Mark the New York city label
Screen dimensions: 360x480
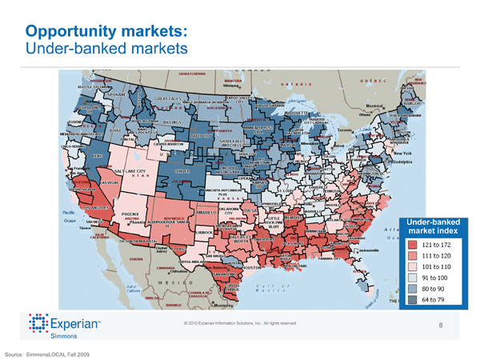point(404,153)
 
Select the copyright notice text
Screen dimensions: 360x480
point(240,322)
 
